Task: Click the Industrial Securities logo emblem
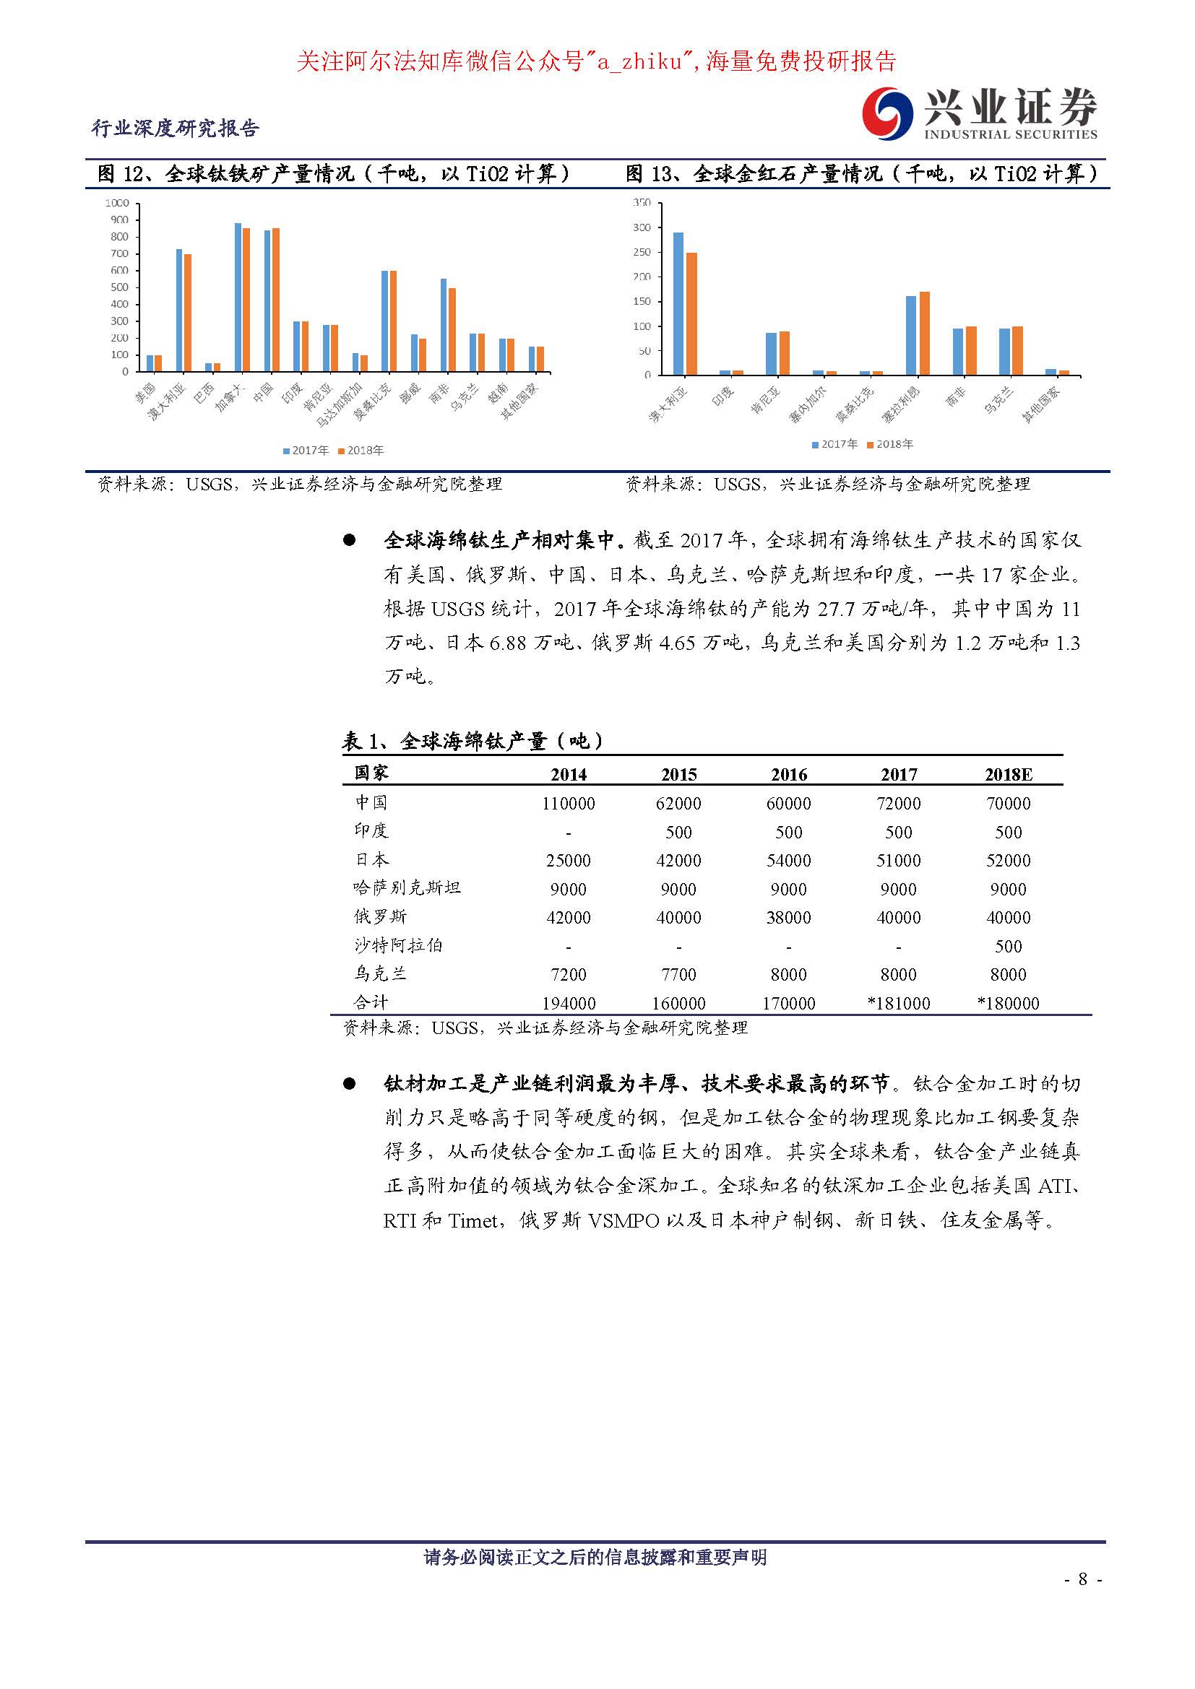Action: (x=888, y=113)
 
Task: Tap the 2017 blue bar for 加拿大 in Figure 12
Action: (x=238, y=298)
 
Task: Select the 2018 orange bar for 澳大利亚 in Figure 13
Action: (x=691, y=314)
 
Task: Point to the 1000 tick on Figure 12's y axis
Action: (x=117, y=203)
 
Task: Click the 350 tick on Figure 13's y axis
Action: (x=642, y=202)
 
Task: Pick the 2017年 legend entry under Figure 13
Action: (x=834, y=444)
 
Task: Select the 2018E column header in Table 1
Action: (x=1008, y=774)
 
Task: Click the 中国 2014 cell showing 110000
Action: (x=568, y=803)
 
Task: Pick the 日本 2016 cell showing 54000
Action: (x=789, y=860)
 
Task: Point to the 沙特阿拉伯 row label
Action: (x=398, y=945)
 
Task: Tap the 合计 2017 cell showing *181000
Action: (x=899, y=1003)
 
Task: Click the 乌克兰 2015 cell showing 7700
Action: (x=678, y=974)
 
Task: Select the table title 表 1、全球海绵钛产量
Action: (x=473, y=741)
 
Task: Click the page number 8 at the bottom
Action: (x=1082, y=1579)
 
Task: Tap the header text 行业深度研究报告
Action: (x=175, y=128)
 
